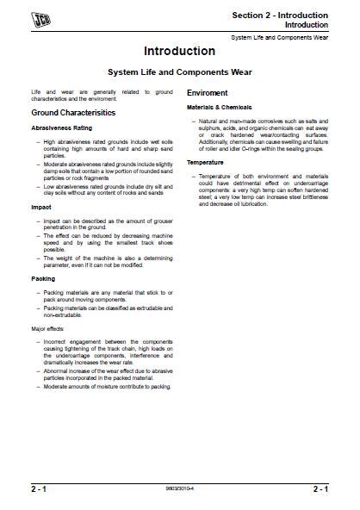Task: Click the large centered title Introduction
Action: coord(179,52)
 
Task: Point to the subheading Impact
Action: coord(40,208)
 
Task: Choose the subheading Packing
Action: coord(42,279)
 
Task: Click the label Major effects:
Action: coord(49,328)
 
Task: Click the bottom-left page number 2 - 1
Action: coord(39,489)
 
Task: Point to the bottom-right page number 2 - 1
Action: coord(320,489)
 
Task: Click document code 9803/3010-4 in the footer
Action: coord(180,489)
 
